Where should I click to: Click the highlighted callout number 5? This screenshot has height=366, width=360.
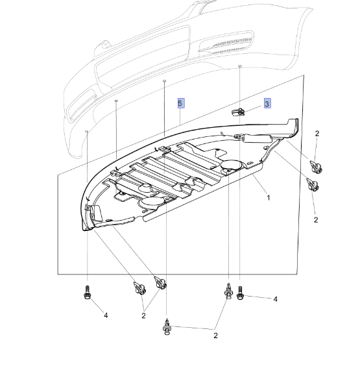[x=181, y=103]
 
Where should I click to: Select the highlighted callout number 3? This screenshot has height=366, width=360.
[x=267, y=103]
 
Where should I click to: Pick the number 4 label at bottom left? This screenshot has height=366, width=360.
[x=106, y=316]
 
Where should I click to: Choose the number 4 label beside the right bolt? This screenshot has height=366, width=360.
[x=275, y=299]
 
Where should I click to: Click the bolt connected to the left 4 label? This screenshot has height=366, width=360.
[x=86, y=293]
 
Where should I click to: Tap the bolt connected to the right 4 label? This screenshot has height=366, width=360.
[x=240, y=294]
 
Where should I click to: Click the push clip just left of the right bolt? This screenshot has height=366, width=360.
[x=228, y=291]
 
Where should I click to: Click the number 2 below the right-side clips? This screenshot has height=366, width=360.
[x=316, y=220]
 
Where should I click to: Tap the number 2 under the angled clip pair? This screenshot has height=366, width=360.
[x=143, y=315]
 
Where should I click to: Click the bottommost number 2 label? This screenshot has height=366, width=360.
[x=215, y=335]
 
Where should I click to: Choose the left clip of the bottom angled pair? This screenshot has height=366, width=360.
[x=138, y=287]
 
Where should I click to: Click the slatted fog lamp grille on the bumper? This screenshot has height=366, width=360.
[x=228, y=44]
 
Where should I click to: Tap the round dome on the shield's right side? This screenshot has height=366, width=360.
[x=231, y=165]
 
